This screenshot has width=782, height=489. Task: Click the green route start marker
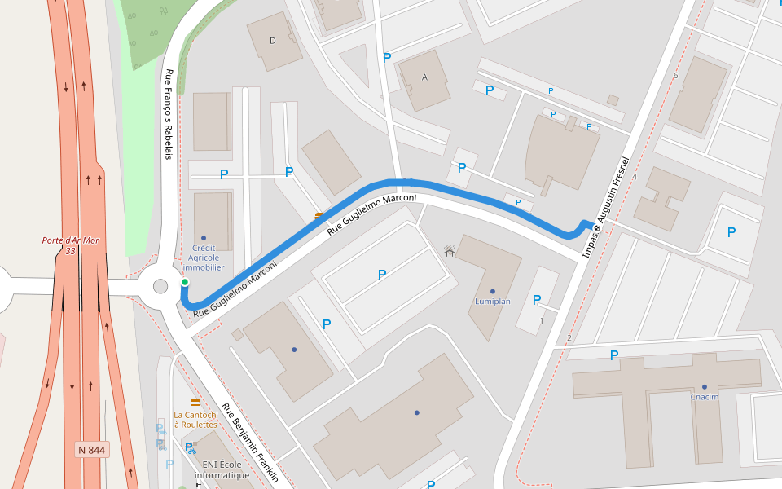click(185, 282)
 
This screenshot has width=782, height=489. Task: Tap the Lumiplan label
click(492, 302)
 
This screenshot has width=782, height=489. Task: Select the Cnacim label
click(705, 397)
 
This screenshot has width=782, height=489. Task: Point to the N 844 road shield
click(92, 450)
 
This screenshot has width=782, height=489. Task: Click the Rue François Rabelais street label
click(169, 113)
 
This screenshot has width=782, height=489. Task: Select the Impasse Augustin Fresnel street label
click(607, 208)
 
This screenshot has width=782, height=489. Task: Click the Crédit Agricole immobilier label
click(203, 257)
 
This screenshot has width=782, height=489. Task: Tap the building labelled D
click(273, 41)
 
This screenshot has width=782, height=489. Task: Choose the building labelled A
click(424, 77)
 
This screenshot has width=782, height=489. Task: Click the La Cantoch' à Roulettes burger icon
click(195, 402)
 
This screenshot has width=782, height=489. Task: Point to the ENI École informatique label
click(222, 470)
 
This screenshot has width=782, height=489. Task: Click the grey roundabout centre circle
click(160, 286)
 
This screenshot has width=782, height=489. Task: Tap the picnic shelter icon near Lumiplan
click(449, 251)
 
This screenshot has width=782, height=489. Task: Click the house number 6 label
click(675, 76)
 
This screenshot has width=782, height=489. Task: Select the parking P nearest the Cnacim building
click(614, 355)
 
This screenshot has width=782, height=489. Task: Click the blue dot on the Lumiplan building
click(492, 291)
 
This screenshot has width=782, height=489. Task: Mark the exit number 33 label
click(70, 251)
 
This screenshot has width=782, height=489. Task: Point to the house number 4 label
click(634, 176)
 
